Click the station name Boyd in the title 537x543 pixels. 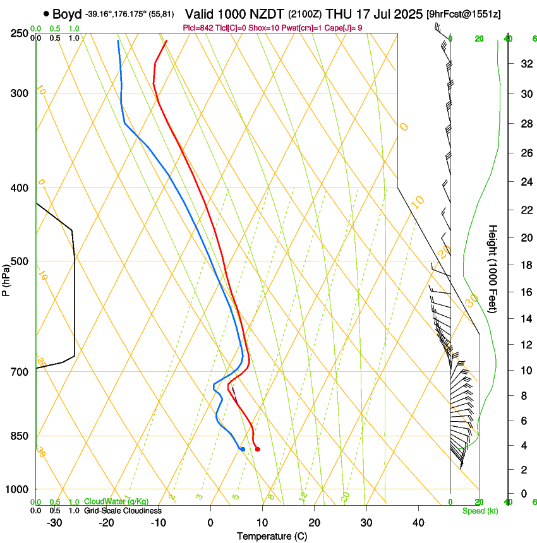(x=66, y=14)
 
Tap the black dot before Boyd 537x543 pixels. (x=46, y=14)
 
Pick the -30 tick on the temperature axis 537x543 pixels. (x=54, y=523)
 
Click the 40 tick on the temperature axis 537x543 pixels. (x=418, y=523)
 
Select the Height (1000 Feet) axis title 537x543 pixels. (x=493, y=268)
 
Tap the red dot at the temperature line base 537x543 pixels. (x=257, y=449)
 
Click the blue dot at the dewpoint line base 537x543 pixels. (x=242, y=449)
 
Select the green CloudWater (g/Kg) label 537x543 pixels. (x=117, y=502)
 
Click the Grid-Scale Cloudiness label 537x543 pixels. (x=123, y=510)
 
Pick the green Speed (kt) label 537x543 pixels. (x=480, y=511)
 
